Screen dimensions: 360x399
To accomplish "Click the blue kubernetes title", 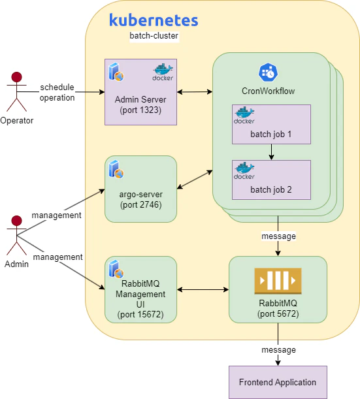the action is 154,20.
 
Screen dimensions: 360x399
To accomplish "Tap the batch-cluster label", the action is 154,36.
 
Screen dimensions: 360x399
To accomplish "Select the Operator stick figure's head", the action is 16,77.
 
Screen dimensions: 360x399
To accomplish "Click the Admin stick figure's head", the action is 16,221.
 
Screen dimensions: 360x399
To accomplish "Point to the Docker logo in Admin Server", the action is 163,72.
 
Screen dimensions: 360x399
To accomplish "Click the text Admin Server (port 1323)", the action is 140,104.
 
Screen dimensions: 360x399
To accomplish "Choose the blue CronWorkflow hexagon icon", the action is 269,72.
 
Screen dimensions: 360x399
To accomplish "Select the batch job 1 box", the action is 271,124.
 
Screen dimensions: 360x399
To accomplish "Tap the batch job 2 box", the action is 271,180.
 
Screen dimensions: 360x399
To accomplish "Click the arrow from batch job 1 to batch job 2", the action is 271,152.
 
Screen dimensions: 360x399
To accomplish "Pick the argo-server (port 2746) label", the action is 140,200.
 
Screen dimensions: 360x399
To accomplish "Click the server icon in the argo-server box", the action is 116,169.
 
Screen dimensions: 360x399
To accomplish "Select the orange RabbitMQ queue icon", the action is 278,281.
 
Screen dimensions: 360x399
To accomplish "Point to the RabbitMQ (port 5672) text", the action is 278,308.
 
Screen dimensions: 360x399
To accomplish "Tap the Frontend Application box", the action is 278,382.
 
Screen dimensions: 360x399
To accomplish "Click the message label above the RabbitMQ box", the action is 279,236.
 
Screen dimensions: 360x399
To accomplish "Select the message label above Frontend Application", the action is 279,349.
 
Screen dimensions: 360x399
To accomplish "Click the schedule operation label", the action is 57,92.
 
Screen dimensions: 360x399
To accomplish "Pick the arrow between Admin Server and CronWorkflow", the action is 195,91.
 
